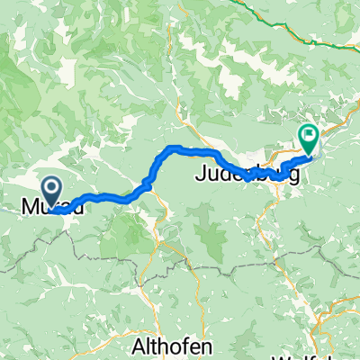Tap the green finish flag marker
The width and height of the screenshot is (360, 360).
coord(309,139)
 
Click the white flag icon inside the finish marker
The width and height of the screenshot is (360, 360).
coord(309,136)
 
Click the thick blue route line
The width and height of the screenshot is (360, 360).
coord(108,196)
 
